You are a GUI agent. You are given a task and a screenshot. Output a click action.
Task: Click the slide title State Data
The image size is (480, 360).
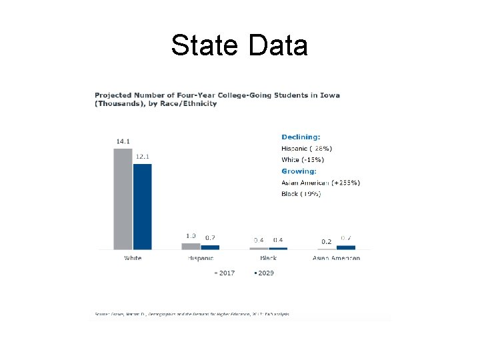(x=239, y=46)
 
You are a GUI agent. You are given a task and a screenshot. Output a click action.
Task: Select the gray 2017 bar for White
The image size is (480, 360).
(x=123, y=199)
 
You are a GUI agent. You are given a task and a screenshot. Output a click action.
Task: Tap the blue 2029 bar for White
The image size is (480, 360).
(x=143, y=206)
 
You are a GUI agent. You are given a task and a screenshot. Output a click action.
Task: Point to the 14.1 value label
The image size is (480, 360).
(x=123, y=141)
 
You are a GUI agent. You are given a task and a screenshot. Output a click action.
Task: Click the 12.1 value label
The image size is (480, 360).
(x=143, y=157)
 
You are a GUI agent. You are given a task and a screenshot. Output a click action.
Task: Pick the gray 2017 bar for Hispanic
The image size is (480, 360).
(x=191, y=246)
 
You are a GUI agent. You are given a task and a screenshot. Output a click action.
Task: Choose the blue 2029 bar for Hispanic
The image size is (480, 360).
(x=210, y=247)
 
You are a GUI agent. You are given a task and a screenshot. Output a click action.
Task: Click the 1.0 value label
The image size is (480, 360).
(x=191, y=236)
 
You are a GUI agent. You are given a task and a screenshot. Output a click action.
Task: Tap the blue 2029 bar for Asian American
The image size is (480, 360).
(x=346, y=247)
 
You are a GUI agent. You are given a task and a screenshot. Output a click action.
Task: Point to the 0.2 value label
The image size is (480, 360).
(x=327, y=241)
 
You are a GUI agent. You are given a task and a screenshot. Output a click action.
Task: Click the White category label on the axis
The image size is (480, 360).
(x=133, y=258)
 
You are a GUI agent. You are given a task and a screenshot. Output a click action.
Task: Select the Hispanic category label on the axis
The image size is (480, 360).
(x=201, y=258)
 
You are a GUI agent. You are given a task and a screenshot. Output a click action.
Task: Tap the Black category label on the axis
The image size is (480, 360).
(x=268, y=258)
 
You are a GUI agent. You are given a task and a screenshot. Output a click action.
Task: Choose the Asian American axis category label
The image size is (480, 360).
(x=337, y=258)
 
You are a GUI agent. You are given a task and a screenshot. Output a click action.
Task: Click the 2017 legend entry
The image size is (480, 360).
(x=225, y=273)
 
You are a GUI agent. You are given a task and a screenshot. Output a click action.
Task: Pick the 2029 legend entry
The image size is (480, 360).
(x=264, y=273)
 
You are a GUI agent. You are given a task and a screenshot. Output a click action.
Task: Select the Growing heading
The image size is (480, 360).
(x=299, y=171)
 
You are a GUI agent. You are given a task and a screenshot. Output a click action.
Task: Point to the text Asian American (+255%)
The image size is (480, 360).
(x=321, y=183)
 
